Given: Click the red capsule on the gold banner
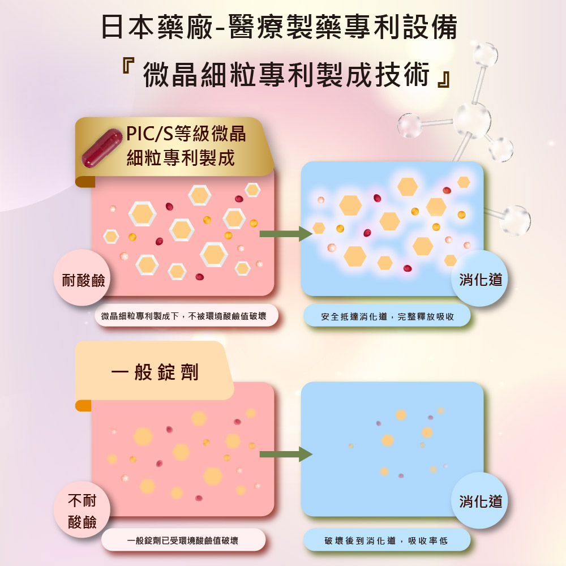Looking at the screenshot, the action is click(102, 148).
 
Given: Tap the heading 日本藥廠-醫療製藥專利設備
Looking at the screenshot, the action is click(280, 27).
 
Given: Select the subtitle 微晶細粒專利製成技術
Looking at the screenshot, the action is click(286, 74).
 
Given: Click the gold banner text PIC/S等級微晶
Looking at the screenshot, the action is click(186, 134).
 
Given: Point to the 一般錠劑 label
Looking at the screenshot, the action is click(155, 372).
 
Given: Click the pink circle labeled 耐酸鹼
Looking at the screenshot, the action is click(83, 278).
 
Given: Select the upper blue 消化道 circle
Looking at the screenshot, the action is click(480, 278).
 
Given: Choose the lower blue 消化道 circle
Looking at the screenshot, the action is click(480, 500).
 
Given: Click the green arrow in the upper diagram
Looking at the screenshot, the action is click(286, 234).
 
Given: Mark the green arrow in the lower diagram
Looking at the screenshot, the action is click(286, 454).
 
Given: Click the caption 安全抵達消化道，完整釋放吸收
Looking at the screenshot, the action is click(388, 316).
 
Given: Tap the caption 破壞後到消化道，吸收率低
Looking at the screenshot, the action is click(386, 541).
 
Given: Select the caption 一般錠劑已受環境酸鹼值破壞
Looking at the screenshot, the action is click(183, 541).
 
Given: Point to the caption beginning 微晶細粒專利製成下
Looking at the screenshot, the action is click(183, 316).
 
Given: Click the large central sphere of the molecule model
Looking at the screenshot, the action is click(472, 120).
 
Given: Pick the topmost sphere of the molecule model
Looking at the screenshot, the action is click(485, 55).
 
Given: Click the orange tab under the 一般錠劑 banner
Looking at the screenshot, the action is click(83, 405).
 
